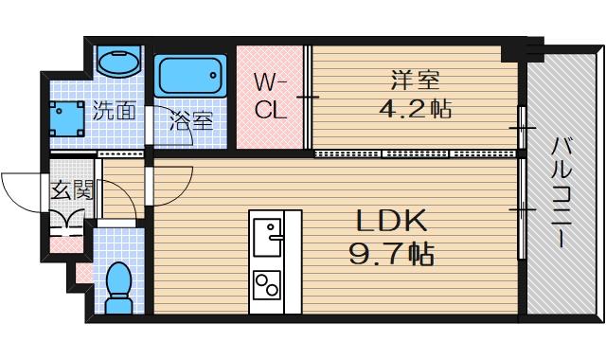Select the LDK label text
[x=392, y=222]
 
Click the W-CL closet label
[x=271, y=94]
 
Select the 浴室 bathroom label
[x=190, y=120]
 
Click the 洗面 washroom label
[x=114, y=110]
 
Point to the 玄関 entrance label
[x=72, y=189]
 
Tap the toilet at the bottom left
[x=118, y=287]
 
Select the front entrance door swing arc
[x=24, y=194]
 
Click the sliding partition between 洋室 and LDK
[x=417, y=153]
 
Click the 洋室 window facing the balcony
[x=522, y=126]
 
